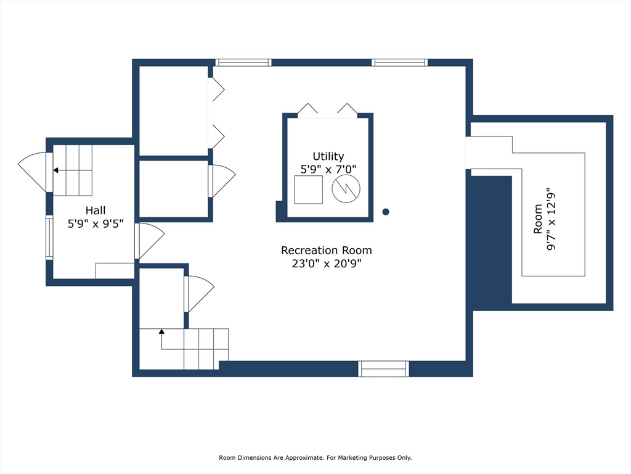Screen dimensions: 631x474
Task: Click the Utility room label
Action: click(328, 156)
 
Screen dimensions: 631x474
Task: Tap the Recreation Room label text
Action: click(327, 251)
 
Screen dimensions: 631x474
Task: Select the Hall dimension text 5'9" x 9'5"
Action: click(96, 223)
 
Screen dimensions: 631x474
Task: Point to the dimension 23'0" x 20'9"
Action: click(327, 264)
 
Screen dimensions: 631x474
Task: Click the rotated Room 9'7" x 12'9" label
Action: click(545, 219)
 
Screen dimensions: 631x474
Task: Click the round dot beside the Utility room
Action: click(386, 212)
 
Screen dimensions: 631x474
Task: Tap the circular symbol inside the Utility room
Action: click(346, 188)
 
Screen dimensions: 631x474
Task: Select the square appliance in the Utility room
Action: click(309, 189)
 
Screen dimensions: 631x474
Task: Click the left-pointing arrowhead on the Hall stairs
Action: click(55, 170)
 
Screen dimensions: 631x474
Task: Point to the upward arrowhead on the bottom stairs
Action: click(161, 331)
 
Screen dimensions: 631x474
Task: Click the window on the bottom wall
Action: click(383, 369)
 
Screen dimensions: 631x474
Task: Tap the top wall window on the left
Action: click(243, 62)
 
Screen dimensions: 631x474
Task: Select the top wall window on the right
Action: click(399, 62)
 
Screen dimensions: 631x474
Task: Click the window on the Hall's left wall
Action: click(49, 238)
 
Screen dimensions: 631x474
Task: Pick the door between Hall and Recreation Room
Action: click(149, 241)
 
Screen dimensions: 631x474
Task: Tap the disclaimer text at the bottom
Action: click(315, 457)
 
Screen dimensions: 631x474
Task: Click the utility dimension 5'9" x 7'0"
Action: click(328, 169)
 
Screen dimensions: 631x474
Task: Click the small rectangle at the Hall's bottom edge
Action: click(115, 270)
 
